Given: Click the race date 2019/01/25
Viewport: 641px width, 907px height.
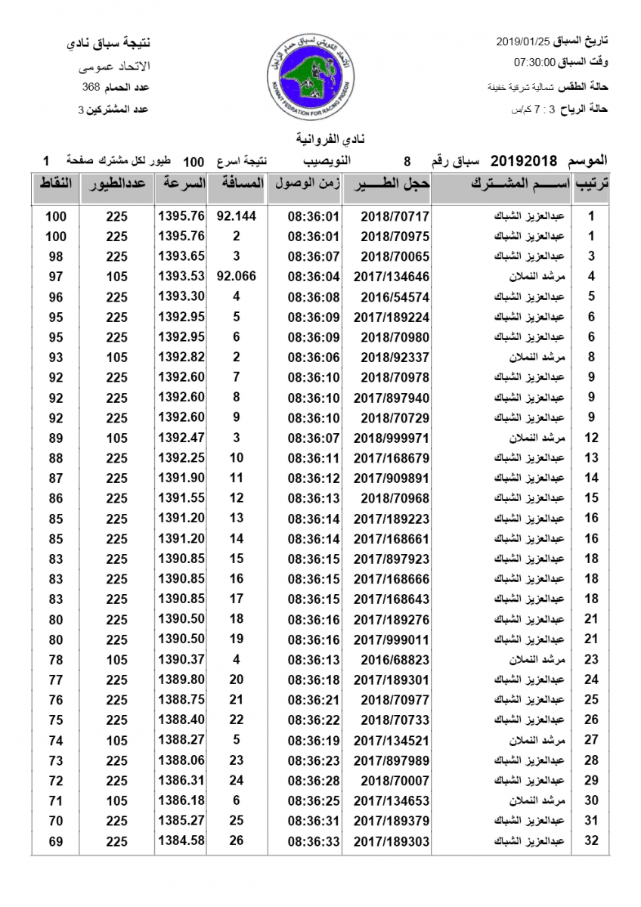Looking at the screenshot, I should (x=522, y=40).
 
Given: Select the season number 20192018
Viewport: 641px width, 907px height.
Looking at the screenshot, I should (x=524, y=161).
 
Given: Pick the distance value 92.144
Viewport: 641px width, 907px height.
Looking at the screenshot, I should (x=237, y=215).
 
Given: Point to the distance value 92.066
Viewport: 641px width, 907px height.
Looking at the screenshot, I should (x=237, y=276).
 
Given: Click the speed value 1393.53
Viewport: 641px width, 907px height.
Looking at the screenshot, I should (x=181, y=276).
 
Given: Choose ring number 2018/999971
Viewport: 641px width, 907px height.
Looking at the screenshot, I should (x=391, y=437).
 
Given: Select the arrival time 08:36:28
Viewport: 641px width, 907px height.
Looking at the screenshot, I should (x=314, y=779).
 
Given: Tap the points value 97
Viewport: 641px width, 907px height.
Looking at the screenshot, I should (x=55, y=276).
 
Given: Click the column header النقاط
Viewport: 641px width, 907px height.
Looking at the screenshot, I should (x=54, y=184).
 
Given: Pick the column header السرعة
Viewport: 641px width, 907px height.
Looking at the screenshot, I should (x=181, y=184).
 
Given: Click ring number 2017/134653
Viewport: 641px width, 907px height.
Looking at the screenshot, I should (x=391, y=800).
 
